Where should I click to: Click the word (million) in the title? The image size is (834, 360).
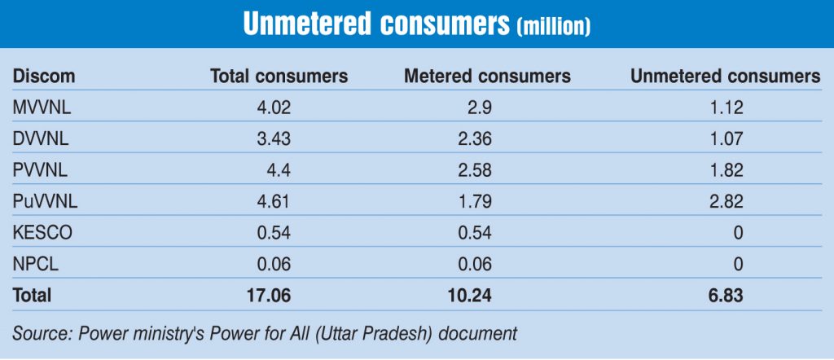pyautogui.click(x=553, y=26)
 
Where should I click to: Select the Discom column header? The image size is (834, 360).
pyautogui.click(x=43, y=77)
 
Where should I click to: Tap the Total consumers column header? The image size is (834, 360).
pyautogui.click(x=279, y=77)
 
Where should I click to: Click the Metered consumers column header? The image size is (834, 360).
pyautogui.click(x=487, y=77)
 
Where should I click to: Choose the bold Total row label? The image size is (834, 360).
pyautogui.click(x=32, y=296)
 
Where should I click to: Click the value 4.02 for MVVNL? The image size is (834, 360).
pyautogui.click(x=274, y=107)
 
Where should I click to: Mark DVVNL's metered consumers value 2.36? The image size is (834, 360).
pyautogui.click(x=474, y=138)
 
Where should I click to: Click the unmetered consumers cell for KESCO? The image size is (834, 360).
pyautogui.click(x=737, y=232)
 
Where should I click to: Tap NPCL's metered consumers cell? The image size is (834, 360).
pyautogui.click(x=474, y=264)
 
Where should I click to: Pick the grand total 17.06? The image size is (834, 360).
pyautogui.click(x=270, y=296)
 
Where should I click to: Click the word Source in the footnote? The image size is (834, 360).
pyautogui.click(x=37, y=333)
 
